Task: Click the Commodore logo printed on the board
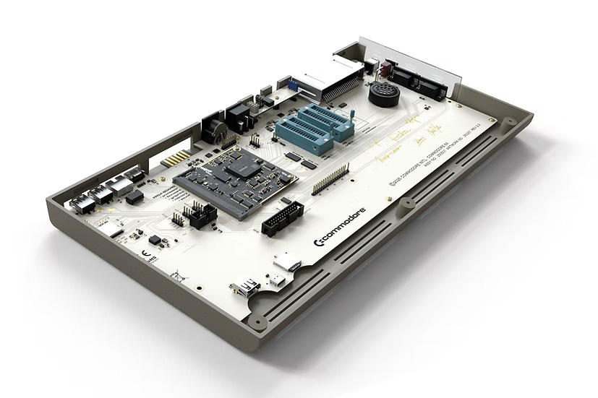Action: (x=340, y=228)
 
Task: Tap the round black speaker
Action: (x=383, y=93)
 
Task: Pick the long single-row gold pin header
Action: (x=330, y=179)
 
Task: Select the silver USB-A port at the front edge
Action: (x=244, y=289)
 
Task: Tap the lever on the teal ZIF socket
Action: (x=351, y=116)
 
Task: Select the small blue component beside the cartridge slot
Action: (x=294, y=85)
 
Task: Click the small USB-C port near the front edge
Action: (x=278, y=279)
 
